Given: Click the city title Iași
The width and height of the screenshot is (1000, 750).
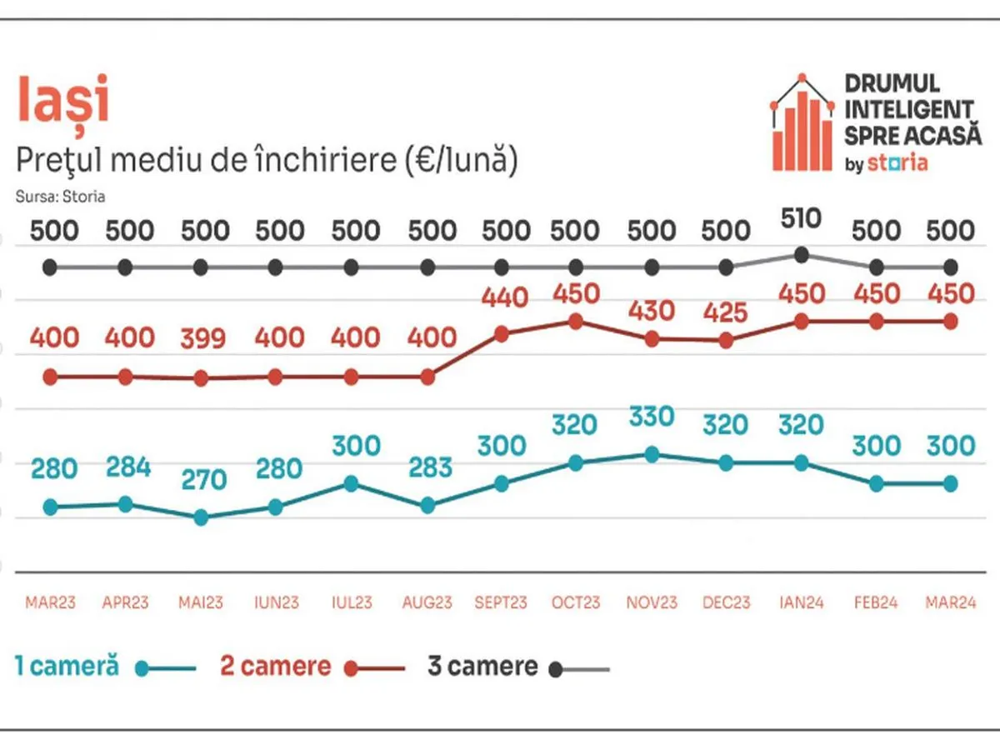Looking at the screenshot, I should [x=63, y=100].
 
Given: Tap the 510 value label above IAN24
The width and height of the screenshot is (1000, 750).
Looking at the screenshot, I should [x=802, y=219].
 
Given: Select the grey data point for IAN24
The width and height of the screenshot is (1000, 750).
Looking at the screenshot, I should [x=802, y=255].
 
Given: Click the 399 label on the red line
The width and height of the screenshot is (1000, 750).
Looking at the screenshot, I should [x=203, y=338].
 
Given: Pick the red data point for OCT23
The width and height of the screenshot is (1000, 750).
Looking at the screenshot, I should [x=576, y=321].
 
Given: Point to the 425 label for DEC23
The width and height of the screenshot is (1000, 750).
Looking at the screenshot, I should [x=726, y=311].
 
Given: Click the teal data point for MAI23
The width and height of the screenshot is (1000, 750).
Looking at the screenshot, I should [x=201, y=517].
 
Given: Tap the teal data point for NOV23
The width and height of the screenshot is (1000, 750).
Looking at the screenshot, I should [x=652, y=454].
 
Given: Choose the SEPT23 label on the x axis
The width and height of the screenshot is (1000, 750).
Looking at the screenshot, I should [x=501, y=602].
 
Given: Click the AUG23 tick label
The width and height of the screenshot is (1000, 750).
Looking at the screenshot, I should [x=427, y=602].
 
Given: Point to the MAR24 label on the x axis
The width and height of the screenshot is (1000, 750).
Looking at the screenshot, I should [x=950, y=602].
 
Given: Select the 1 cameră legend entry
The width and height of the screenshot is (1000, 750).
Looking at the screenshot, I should [x=67, y=667].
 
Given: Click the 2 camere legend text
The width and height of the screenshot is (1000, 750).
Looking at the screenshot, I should [x=275, y=667].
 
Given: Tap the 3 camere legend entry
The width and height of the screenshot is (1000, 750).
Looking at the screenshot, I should [x=482, y=667].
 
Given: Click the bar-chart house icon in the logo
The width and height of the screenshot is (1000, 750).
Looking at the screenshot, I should [x=802, y=125].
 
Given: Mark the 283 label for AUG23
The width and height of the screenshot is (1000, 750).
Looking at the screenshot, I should [x=427, y=467].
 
